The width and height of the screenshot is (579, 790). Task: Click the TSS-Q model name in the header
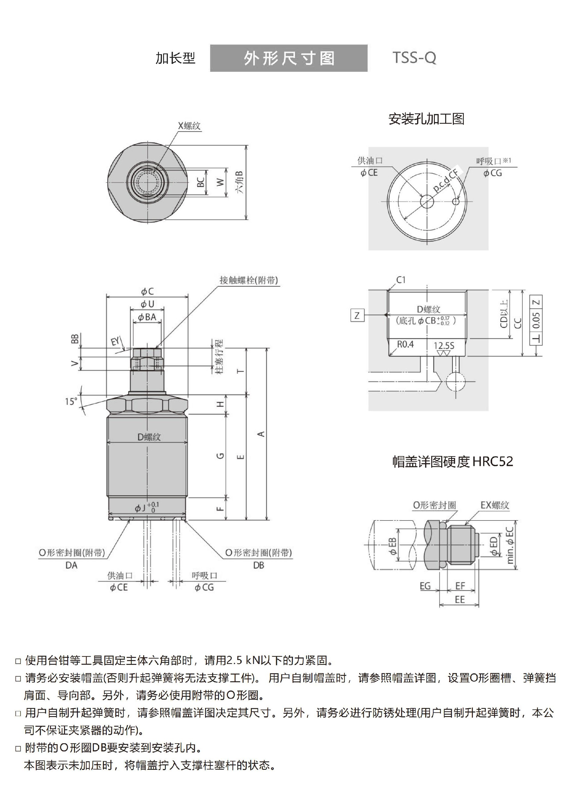tap(414, 58)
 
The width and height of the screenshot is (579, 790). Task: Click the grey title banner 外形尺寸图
tap(289, 58)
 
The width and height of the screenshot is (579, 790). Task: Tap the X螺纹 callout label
tap(189, 126)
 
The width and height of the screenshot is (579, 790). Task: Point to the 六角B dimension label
tap(240, 182)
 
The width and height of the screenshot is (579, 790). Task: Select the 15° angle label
tap(71, 401)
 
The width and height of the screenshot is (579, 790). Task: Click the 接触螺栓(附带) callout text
tap(248, 280)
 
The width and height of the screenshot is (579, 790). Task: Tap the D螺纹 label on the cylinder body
tap(149, 437)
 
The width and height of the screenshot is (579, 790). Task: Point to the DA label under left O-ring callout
tap(71, 565)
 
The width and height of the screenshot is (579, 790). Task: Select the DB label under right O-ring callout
tap(258, 565)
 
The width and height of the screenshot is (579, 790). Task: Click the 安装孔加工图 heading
tap(426, 119)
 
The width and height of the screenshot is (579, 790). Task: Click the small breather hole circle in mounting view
tap(456, 201)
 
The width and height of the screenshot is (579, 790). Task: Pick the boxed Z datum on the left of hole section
tap(357, 315)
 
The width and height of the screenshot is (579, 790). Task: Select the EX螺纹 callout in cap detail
tap(495, 505)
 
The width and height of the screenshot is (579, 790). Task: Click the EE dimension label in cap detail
tap(460, 600)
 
